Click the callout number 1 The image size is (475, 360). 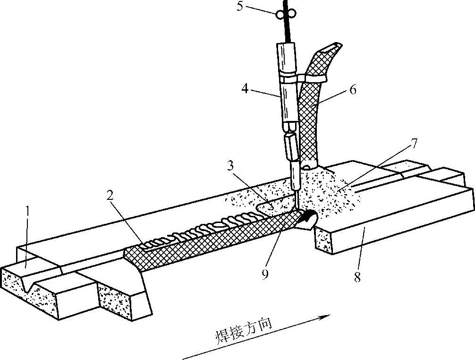click(x=29, y=212)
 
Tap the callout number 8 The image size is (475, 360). click(x=357, y=277)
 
